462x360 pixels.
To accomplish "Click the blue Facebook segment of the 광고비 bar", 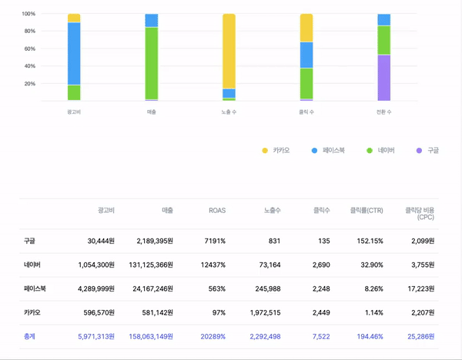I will pos(74,53).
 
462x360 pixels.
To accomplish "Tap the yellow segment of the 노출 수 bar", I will pos(229,51).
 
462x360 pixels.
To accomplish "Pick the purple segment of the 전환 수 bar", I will pos(383,78).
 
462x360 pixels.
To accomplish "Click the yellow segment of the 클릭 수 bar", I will pos(306,28).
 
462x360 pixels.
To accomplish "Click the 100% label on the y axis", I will pos(28,14).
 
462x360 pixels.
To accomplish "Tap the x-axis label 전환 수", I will pos(383,112).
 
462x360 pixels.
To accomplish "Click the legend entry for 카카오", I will pos(275,150).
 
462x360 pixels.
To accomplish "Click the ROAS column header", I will pos(217,210).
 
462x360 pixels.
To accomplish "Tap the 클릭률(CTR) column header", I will pos(367,210).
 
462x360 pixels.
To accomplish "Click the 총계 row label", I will pos(31,336).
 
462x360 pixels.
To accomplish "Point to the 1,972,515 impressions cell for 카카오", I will pos(262,312).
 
